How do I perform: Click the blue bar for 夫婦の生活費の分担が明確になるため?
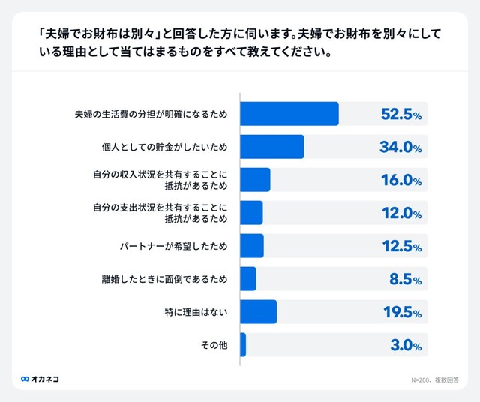(289, 114)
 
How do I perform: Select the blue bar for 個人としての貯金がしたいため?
(271, 147)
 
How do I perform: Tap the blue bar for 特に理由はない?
(258, 312)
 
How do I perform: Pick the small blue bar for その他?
(243, 345)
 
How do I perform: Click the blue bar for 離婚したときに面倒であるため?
(248, 279)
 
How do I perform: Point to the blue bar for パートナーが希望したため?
(252, 246)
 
